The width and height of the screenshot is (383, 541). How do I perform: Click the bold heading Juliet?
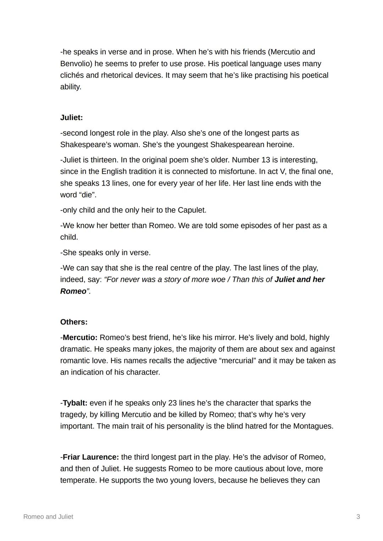(71, 118)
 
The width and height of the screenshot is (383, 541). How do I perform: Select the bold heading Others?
(74, 322)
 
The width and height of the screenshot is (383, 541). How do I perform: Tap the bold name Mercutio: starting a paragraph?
(80, 337)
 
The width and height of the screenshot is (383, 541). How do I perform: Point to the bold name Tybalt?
(75, 403)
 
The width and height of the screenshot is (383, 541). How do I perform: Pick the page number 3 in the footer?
(358, 517)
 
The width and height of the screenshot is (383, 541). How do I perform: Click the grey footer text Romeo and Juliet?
(48, 517)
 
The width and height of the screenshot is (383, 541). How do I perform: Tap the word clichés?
(72, 75)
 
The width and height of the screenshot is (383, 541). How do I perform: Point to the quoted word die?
(88, 195)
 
